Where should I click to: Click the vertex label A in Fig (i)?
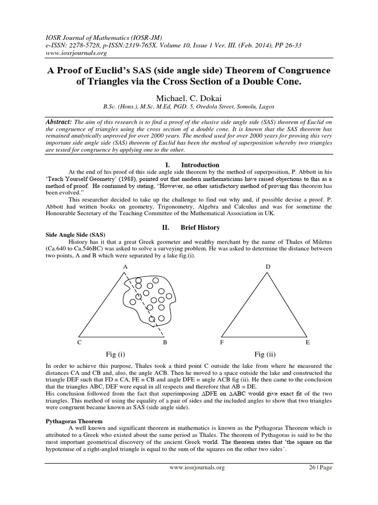(125, 267)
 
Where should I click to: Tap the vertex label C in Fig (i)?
(79, 342)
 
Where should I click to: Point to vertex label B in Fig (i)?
(165, 342)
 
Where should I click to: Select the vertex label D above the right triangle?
(268, 267)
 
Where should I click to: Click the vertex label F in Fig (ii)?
(222, 342)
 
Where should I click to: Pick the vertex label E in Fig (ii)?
(308, 342)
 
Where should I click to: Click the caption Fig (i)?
(116, 354)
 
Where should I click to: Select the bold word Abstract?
(58, 121)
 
